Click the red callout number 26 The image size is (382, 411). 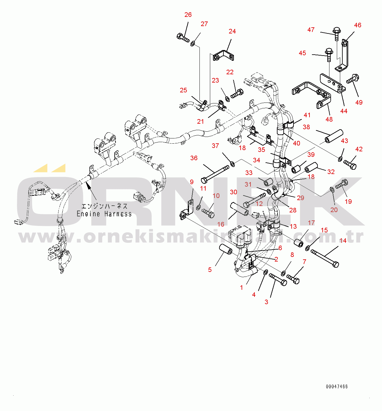pos(188,15)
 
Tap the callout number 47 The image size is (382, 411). pos(311,30)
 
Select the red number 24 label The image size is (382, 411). pos(232,31)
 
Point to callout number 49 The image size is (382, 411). pos(359,103)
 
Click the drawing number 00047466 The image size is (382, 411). pos(337,386)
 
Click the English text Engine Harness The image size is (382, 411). pos(104,214)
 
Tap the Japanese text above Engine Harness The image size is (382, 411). pos(104,206)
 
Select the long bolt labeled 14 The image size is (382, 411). pos(325,258)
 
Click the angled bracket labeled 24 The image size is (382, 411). pos(223,56)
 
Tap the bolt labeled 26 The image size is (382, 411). pos(183,38)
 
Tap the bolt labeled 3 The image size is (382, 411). pos(278,280)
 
